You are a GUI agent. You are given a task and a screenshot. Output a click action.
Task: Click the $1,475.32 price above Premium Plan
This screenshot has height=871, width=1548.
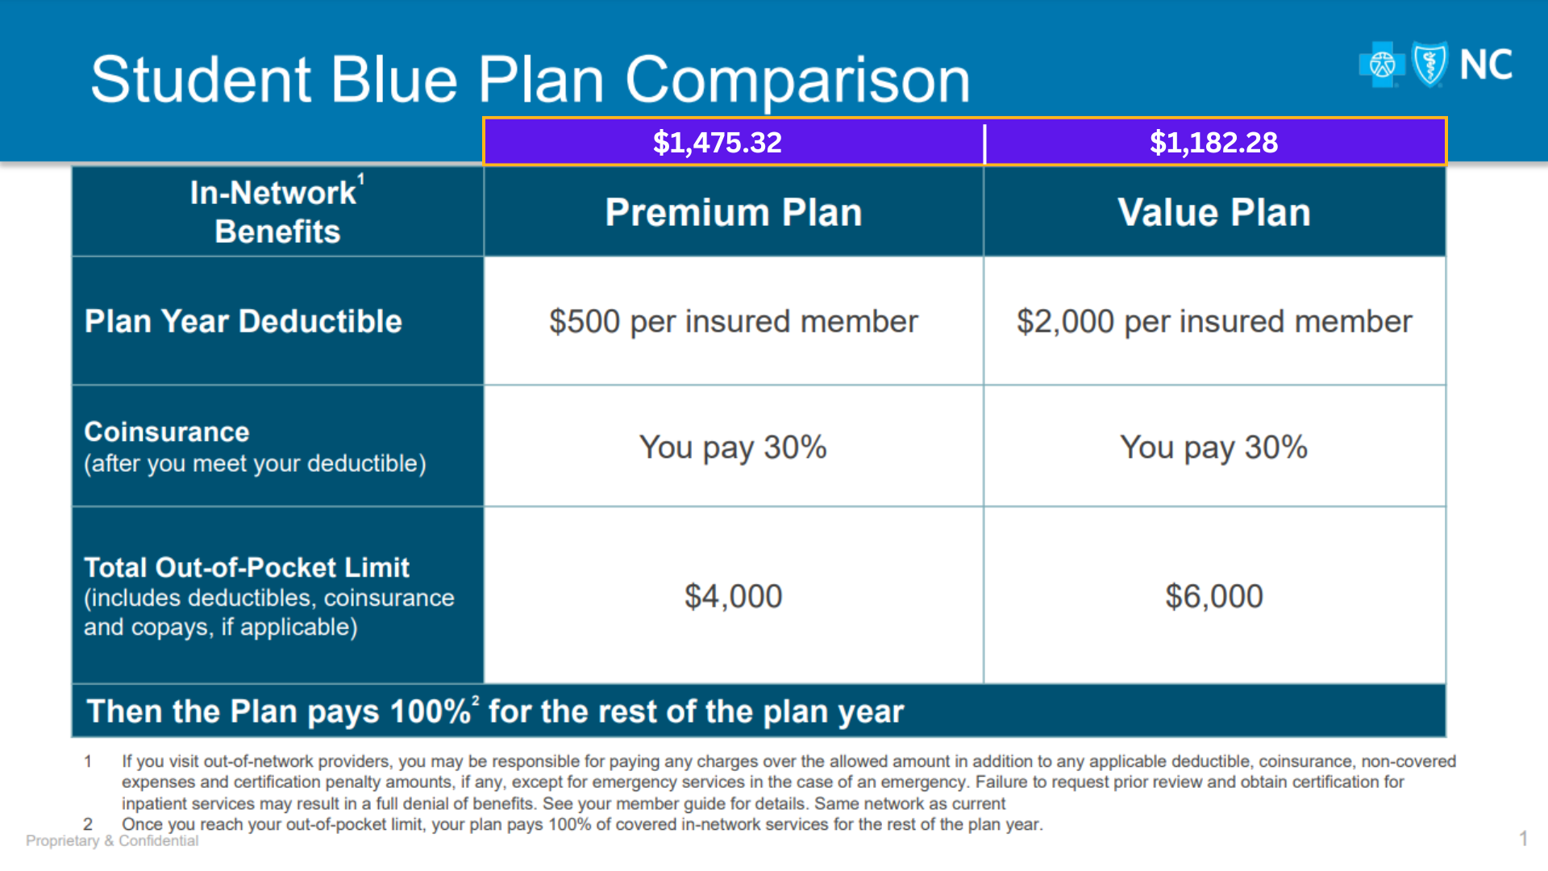717,143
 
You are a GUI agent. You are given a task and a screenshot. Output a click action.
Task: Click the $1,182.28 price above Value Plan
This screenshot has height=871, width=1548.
1213,143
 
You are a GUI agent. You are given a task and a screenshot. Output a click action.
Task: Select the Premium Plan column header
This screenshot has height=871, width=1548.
733,213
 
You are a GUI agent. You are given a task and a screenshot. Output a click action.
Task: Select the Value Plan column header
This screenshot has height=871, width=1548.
1213,213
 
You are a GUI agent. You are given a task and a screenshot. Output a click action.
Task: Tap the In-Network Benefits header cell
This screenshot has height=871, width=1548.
277,212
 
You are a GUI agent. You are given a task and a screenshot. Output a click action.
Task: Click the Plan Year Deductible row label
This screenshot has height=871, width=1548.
243,321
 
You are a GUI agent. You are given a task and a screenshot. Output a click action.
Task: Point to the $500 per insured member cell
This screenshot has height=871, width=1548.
733,322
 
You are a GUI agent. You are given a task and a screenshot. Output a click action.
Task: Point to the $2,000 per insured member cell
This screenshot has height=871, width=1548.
1213,322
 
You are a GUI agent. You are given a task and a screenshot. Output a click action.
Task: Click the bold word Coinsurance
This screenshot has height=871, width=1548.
167,432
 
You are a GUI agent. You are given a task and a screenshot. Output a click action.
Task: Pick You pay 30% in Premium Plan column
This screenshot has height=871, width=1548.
733,448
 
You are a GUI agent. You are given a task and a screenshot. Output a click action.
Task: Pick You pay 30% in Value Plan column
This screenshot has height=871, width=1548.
1213,448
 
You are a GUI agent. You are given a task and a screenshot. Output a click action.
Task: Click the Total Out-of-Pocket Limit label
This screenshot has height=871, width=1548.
247,568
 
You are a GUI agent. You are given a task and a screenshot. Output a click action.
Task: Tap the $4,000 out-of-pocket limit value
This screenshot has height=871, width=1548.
733,597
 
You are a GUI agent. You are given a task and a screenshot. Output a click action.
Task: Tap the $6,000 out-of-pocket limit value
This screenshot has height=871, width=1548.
1213,597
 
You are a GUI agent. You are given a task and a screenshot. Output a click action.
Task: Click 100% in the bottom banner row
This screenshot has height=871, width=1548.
430,712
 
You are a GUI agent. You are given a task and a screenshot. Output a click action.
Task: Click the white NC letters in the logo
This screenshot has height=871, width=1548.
1485,65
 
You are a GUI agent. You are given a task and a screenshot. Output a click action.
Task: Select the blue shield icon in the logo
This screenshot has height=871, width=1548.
1430,65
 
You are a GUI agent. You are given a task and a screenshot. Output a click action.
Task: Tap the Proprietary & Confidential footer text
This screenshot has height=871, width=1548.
112,841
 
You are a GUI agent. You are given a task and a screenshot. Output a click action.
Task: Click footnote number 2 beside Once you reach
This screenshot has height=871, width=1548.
88,824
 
